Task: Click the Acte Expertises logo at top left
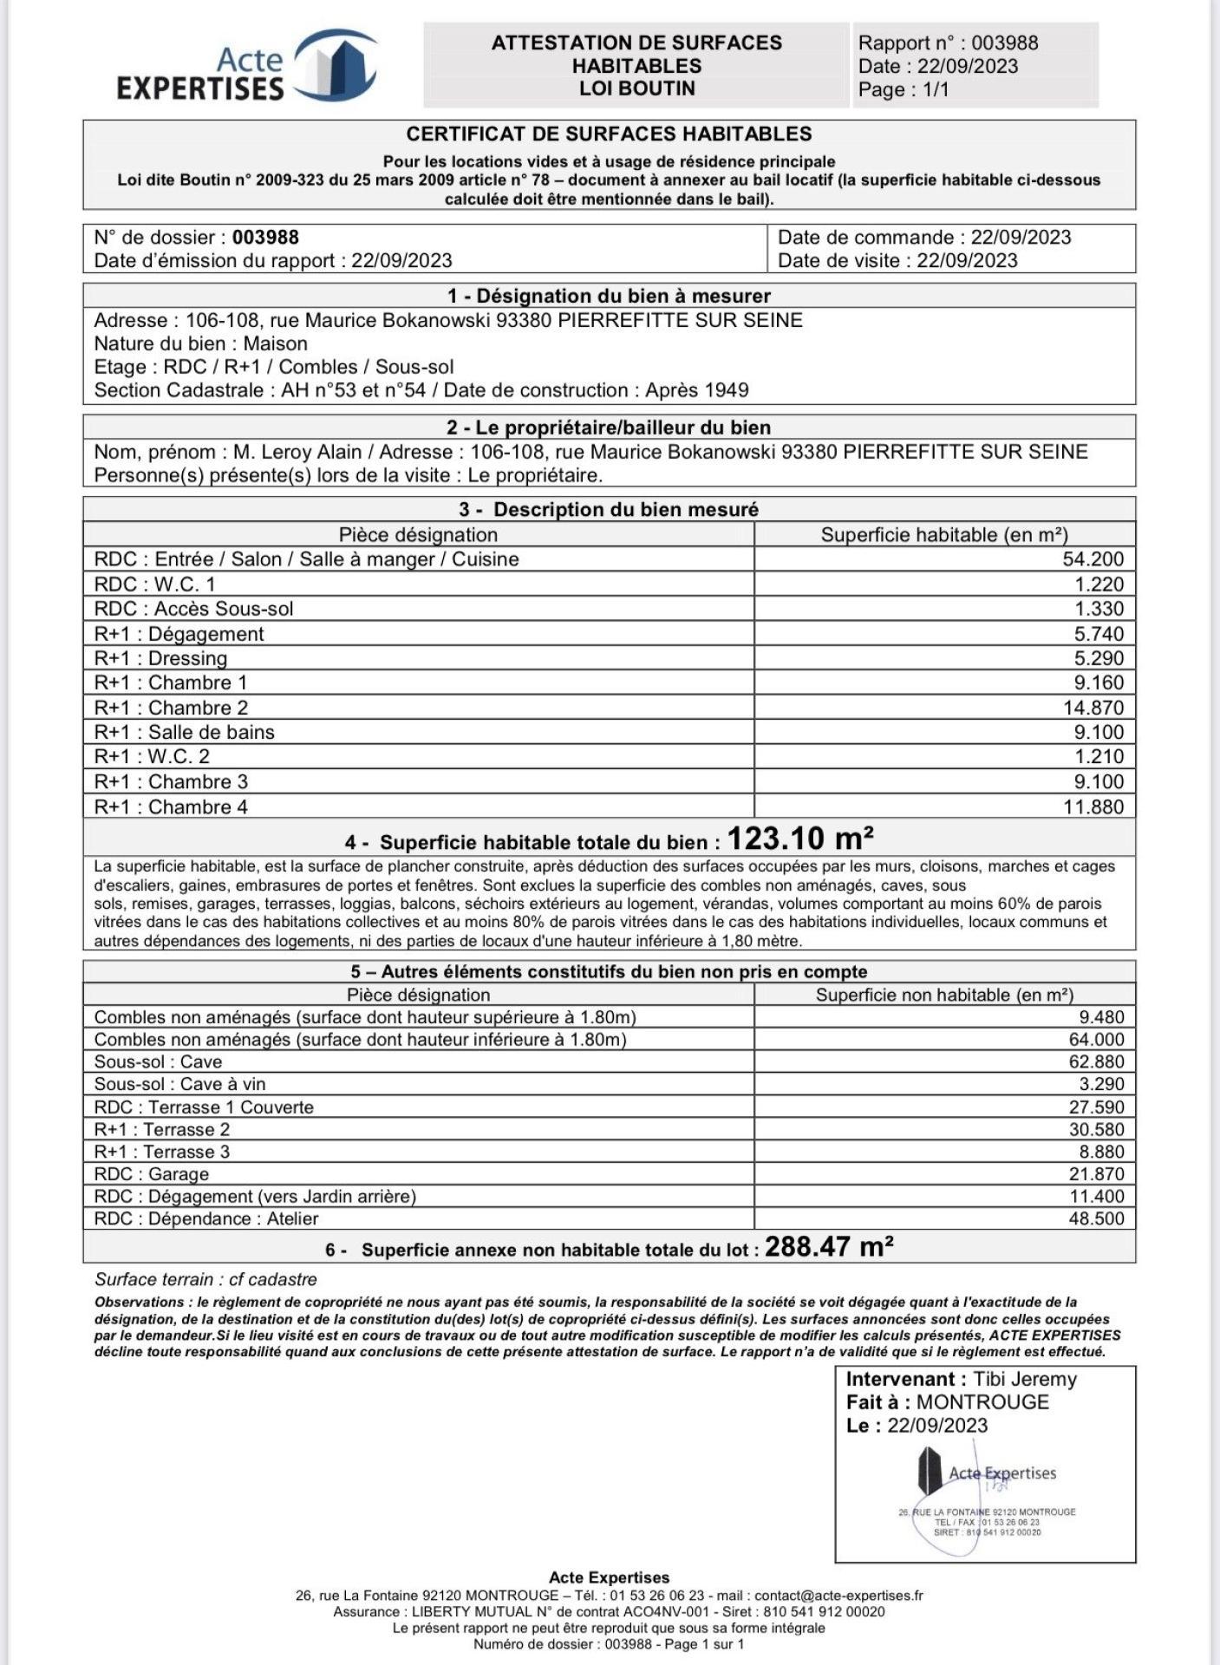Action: pos(247,67)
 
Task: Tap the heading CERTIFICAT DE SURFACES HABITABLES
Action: pos(609,134)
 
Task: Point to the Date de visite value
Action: pos(967,261)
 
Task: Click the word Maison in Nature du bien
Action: pos(275,344)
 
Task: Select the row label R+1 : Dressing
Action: pos(160,658)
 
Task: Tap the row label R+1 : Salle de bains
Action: pos(184,732)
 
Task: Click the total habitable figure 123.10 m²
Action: pos(799,839)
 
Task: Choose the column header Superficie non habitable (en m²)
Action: pos(944,996)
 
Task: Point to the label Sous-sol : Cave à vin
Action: pos(179,1084)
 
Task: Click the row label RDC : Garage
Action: pos(152,1174)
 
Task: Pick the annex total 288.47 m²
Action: pos(829,1248)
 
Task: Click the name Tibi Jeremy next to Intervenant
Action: pos(1024,1380)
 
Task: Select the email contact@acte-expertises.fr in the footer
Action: pos(838,1596)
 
